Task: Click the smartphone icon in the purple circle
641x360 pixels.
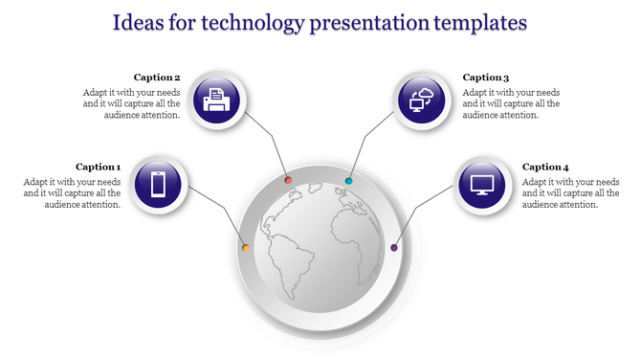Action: pos(158,183)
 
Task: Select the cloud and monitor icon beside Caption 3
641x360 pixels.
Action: pos(422,99)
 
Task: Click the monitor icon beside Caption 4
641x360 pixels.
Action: pos(481,183)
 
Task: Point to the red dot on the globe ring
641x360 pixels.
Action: pos(288,180)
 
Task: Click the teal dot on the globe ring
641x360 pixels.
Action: pos(349,180)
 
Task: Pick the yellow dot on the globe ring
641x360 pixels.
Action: pos(246,248)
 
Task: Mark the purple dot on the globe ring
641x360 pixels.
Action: pos(394,248)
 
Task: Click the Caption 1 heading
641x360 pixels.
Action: pos(99,167)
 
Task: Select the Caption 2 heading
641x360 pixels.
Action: pos(157,78)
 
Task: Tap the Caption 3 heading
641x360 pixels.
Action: pos(485,78)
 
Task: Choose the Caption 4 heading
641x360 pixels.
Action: pos(545,167)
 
